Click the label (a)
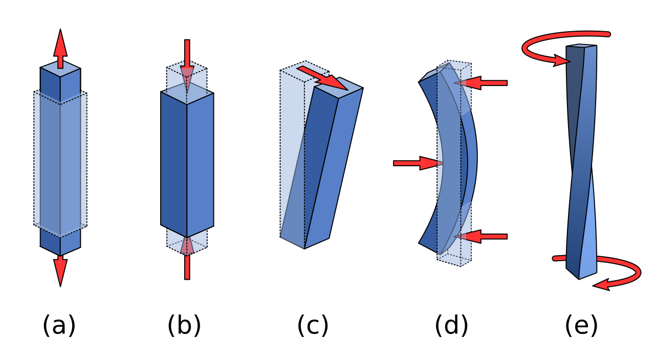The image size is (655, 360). point(59,325)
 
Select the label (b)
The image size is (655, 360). point(184,325)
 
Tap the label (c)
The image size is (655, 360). point(313,325)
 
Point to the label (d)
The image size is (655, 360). point(451,325)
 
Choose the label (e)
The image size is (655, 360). point(581,325)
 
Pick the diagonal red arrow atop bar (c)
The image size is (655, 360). point(322,77)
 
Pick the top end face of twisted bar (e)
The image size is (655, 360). point(582,46)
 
